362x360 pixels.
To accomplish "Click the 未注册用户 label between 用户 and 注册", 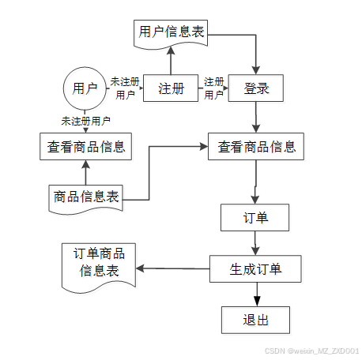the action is [125, 88].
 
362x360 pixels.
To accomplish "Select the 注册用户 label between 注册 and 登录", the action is [213, 88].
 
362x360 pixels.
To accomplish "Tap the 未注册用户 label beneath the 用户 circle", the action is [85, 121].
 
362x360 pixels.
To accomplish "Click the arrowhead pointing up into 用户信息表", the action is [171, 51].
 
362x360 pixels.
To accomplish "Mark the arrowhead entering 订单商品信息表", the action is [140, 268].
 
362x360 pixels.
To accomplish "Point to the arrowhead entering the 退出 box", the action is [257, 302].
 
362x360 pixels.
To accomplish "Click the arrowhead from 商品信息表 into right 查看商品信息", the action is [204, 147].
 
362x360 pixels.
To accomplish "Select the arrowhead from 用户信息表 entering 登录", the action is [256, 70].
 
